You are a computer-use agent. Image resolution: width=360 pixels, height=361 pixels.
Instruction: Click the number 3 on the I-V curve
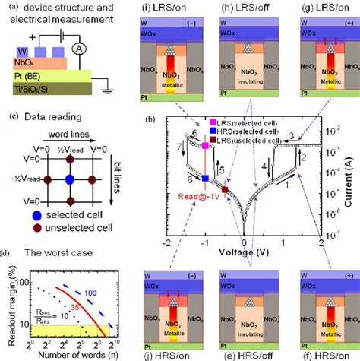pyautogui.click(x=290, y=135)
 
